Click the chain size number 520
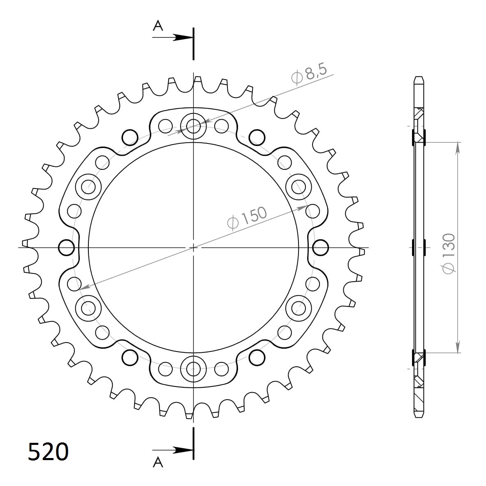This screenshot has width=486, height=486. (48, 452)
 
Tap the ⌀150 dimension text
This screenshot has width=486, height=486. (247, 218)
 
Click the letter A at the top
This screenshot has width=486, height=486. (158, 26)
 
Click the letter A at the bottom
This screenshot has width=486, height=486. (158, 463)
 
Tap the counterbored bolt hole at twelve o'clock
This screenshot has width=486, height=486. (193, 125)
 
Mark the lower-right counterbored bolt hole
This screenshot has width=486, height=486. (299, 308)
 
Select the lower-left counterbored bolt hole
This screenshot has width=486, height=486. (88, 308)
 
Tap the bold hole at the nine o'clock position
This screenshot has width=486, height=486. (67, 248)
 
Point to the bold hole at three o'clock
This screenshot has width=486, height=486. (320, 248)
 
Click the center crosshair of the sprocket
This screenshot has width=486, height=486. (193, 248)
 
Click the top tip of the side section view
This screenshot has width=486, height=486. (418, 78)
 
